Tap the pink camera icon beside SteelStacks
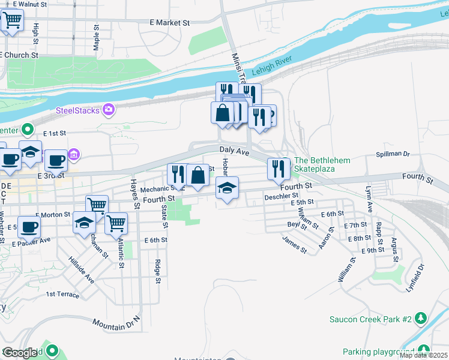point(109,109)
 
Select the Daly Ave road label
point(234,151)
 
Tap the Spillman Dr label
point(393,154)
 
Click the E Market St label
point(169,23)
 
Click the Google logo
point(21,353)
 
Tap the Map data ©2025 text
point(424,355)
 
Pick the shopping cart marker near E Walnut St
point(11,20)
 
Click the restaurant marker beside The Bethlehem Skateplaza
point(277,169)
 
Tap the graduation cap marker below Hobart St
point(226,188)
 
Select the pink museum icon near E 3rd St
point(74,155)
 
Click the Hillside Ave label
point(82,271)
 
